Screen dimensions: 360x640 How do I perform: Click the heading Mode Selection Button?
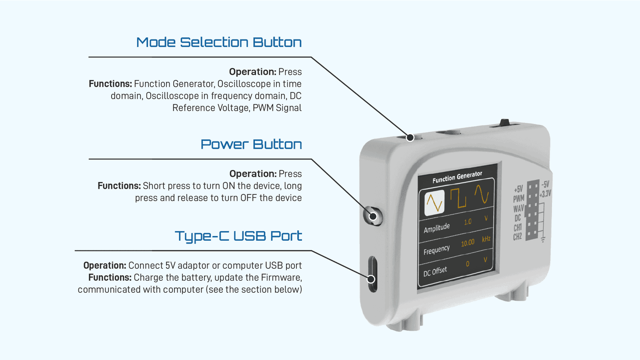(x=219, y=42)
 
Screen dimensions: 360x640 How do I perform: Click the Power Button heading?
(x=251, y=144)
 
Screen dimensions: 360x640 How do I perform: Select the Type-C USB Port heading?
(x=238, y=236)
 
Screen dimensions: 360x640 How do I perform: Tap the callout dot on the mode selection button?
(x=410, y=138)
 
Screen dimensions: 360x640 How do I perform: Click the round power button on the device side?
(x=373, y=216)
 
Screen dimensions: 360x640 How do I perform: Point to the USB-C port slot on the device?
(x=372, y=274)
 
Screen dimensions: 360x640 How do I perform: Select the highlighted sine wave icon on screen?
(x=434, y=202)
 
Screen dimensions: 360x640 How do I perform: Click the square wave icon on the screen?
(x=458, y=198)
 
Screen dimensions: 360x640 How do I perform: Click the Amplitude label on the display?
(x=436, y=228)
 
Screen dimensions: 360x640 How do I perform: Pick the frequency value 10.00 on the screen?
(x=468, y=243)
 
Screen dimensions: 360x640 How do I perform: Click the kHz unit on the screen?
(x=486, y=239)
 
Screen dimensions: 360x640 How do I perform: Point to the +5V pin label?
(x=518, y=189)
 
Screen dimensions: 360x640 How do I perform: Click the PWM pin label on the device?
(x=518, y=199)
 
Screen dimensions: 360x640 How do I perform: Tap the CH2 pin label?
(x=517, y=237)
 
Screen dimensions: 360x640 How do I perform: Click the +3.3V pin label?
(x=545, y=194)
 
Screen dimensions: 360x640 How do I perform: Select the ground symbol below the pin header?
(x=543, y=240)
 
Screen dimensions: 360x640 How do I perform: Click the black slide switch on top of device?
(x=504, y=122)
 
